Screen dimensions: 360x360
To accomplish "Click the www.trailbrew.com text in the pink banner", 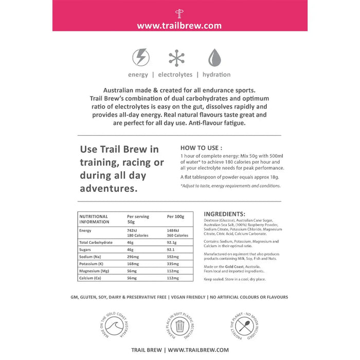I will coord(179,25).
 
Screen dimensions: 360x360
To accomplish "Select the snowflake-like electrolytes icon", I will coord(176,58).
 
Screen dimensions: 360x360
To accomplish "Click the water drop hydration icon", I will coord(213,58).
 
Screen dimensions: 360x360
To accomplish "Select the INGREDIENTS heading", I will coord(225,214).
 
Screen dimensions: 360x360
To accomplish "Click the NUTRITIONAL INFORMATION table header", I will coord(94,219).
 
